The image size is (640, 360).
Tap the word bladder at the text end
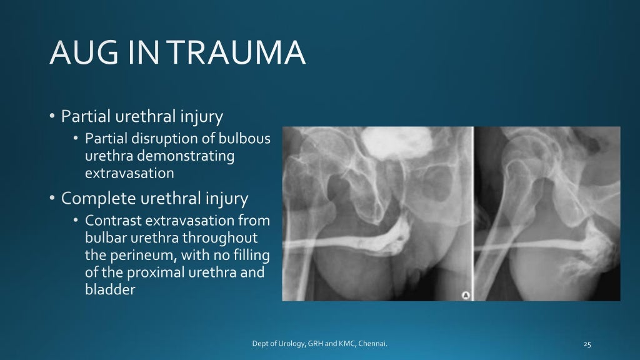110,289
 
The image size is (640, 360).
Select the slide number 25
587,343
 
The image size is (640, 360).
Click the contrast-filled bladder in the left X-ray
381,144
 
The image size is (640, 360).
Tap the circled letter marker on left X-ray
464,294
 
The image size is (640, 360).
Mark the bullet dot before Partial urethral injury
53,117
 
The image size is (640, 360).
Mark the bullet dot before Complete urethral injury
53,199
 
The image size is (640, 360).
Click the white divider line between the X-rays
472,212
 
